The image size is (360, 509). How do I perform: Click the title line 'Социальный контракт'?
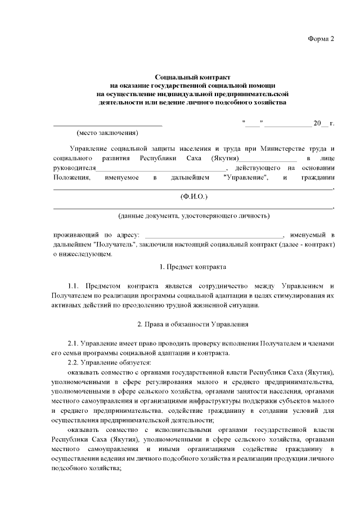(x=193, y=76)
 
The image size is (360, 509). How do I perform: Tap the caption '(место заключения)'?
(x=107, y=133)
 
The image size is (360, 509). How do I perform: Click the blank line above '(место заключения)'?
(x=107, y=123)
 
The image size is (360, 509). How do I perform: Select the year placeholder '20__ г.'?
(x=323, y=123)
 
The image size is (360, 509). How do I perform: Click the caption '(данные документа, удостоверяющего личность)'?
(x=193, y=215)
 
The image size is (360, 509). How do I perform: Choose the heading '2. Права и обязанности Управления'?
(x=193, y=325)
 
